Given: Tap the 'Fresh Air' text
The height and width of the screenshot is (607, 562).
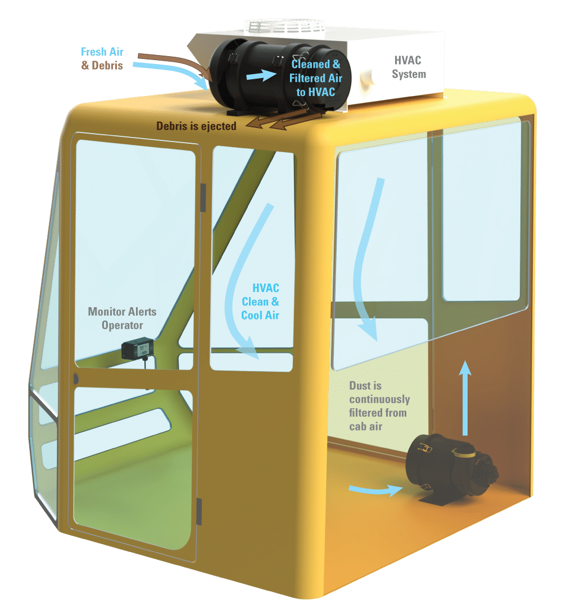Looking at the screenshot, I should pos(102,52).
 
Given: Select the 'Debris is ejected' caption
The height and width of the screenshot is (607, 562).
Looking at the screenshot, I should pos(196,126).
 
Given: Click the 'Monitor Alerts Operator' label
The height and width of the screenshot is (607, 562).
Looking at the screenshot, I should pos(122,318).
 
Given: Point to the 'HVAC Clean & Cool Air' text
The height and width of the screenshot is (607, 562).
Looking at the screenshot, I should pos(261,302).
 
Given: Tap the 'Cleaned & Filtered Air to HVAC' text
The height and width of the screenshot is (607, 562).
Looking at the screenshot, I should pos(315,78).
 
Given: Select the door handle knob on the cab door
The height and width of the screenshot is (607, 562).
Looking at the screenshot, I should pos(76,379).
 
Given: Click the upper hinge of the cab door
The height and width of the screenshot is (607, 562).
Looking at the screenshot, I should pos(203,194).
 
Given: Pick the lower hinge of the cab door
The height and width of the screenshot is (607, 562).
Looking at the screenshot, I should pos(199,511).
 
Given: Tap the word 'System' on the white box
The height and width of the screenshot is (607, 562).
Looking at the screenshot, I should pos(409,75).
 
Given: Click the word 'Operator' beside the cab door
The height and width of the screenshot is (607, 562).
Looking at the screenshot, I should pos(122,325).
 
